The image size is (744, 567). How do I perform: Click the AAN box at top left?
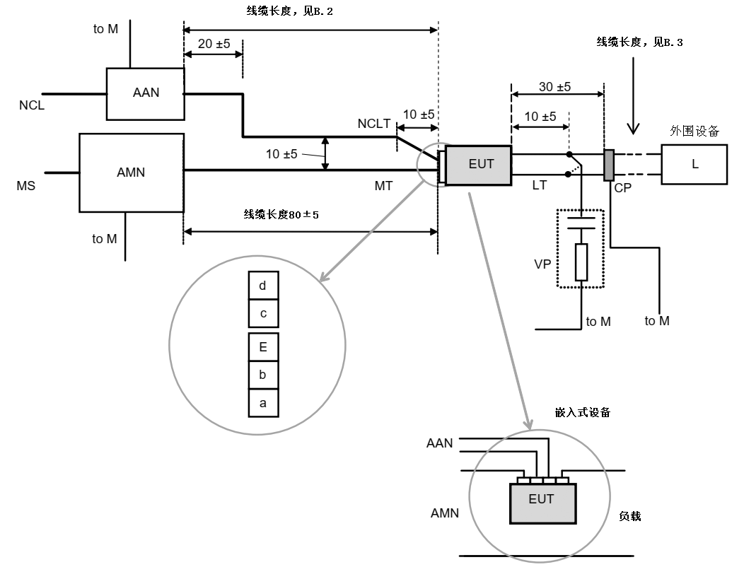[x=145, y=93]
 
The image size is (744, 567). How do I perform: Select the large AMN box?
[x=131, y=172]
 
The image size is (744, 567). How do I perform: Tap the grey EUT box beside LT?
[x=479, y=165]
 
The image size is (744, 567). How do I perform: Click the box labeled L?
[x=694, y=165]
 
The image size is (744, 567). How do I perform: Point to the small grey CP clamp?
[x=608, y=165]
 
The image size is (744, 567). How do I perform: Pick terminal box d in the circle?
[x=263, y=286]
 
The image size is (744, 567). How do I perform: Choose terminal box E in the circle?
[x=263, y=347]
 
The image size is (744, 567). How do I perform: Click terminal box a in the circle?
[x=263, y=403]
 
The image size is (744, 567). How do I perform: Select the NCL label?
[x=32, y=107]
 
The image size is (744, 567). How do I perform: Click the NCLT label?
[x=374, y=124]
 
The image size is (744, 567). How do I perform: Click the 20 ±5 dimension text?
[x=214, y=44]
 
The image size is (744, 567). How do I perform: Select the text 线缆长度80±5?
[x=281, y=214]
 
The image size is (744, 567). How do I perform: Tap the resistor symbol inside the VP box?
[x=581, y=262]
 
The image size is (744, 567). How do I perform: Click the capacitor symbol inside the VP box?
[x=581, y=225]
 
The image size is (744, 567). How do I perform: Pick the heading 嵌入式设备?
[x=583, y=412]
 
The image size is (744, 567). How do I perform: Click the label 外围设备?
[x=694, y=131]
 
